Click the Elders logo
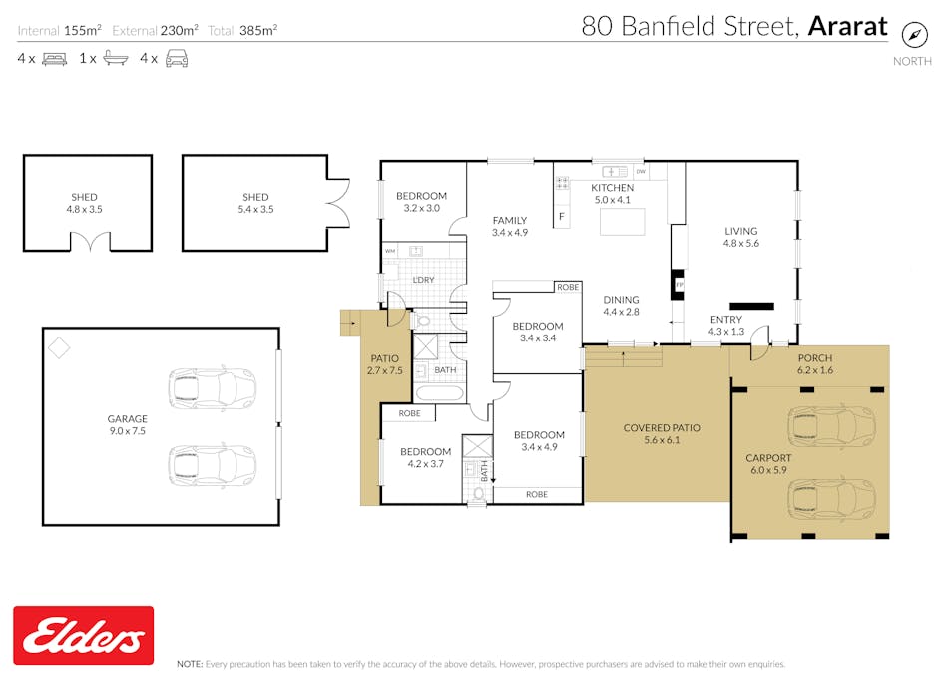coord(83,635)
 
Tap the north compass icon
coord(913,34)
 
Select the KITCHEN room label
coord(612,188)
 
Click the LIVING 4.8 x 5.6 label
coord(740,237)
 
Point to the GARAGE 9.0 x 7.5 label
coord(127,425)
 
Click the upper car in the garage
coord(212,387)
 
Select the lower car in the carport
coord(831,496)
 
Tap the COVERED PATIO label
coord(661,434)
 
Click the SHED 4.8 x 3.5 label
coord(84,204)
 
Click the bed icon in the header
coord(54,59)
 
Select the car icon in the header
coord(177,59)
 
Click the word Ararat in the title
coord(847,26)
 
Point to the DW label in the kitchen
coord(641,173)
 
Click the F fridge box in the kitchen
coord(562,216)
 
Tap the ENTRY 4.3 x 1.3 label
coord(725,326)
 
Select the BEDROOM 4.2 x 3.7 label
coord(425,457)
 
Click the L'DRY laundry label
coord(423,280)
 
